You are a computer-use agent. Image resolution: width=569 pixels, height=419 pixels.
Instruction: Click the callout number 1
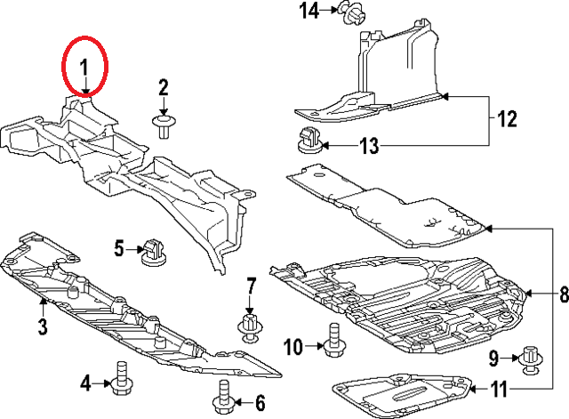coord(84,67)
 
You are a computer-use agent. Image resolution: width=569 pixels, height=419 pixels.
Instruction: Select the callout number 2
coord(164,87)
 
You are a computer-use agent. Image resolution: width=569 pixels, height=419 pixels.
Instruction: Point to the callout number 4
coord(85,383)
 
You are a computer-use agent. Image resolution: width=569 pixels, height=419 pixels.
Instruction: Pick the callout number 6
coord(260,401)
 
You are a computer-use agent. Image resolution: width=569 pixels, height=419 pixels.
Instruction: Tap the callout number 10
coord(293,346)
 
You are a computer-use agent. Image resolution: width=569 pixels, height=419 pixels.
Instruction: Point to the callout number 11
coord(502,389)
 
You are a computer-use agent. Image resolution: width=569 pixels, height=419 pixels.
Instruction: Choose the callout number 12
coord(506,118)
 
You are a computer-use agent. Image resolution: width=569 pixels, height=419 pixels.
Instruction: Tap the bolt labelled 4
coord(120,377)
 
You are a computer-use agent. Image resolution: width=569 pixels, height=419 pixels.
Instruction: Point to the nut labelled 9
coord(532,358)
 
